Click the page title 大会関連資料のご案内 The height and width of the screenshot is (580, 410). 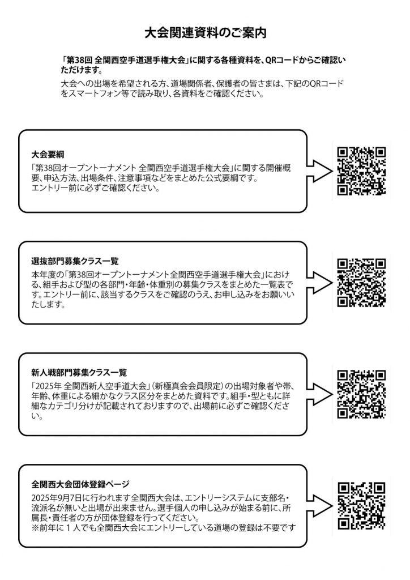205,32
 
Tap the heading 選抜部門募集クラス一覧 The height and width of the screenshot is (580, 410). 75,261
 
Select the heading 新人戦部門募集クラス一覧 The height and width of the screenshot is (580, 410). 79,372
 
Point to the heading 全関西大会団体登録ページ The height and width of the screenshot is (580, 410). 80,484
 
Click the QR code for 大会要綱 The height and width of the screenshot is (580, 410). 361,171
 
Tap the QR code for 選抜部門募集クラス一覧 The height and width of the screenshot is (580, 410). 361,283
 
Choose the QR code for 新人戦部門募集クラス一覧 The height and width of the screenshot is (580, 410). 361,394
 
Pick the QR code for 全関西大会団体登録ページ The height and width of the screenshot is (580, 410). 361,506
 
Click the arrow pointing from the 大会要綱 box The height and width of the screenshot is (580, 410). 319,171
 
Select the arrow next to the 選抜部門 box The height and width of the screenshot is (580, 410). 319,283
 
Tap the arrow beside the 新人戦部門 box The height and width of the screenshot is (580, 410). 319,394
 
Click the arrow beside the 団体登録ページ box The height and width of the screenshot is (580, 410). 319,506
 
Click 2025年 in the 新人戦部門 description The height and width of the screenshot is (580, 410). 49,386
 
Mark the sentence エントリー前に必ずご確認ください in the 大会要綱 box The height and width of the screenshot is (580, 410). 95,188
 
